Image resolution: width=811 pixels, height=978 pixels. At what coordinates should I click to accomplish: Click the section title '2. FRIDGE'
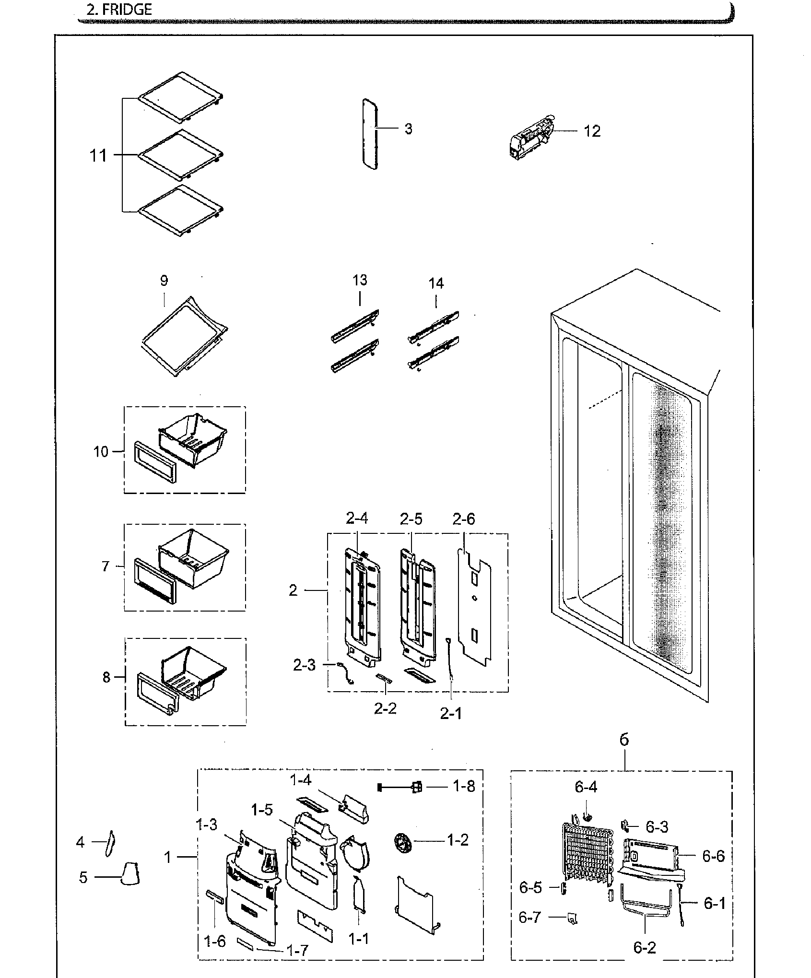point(119,10)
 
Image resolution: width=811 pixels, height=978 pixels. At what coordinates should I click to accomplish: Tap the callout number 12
point(592,131)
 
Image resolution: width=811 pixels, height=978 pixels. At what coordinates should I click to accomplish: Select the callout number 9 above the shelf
point(164,281)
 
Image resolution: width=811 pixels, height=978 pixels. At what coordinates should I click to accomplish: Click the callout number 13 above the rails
point(360,280)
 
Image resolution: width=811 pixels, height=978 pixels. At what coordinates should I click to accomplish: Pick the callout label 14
point(436,283)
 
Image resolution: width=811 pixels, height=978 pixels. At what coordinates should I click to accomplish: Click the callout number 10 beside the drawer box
point(101,452)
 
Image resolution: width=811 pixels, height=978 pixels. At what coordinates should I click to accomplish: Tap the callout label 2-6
point(464,519)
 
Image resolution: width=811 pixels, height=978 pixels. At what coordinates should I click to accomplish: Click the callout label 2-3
point(305,665)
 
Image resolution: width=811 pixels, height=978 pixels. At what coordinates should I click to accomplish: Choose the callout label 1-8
point(464,787)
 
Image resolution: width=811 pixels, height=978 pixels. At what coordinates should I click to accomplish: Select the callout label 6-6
point(713,856)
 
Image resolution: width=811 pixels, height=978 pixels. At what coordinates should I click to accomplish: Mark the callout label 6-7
point(530,917)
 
